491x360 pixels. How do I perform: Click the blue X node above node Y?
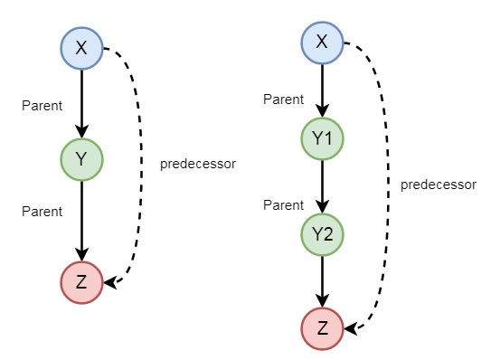pos(82,49)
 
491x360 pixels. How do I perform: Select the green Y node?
pos(82,159)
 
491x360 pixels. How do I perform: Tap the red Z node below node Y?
pos(82,281)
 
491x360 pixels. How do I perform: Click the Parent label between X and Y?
pos(42,106)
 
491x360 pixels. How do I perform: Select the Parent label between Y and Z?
pos(42,212)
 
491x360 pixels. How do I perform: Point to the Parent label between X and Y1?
pos(283,99)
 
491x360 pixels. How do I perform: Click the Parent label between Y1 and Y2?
pos(283,205)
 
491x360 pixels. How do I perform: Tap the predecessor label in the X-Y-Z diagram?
pos(198,165)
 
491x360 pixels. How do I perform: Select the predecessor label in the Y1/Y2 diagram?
pos(438,185)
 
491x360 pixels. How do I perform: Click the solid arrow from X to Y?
pos(82,103)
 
